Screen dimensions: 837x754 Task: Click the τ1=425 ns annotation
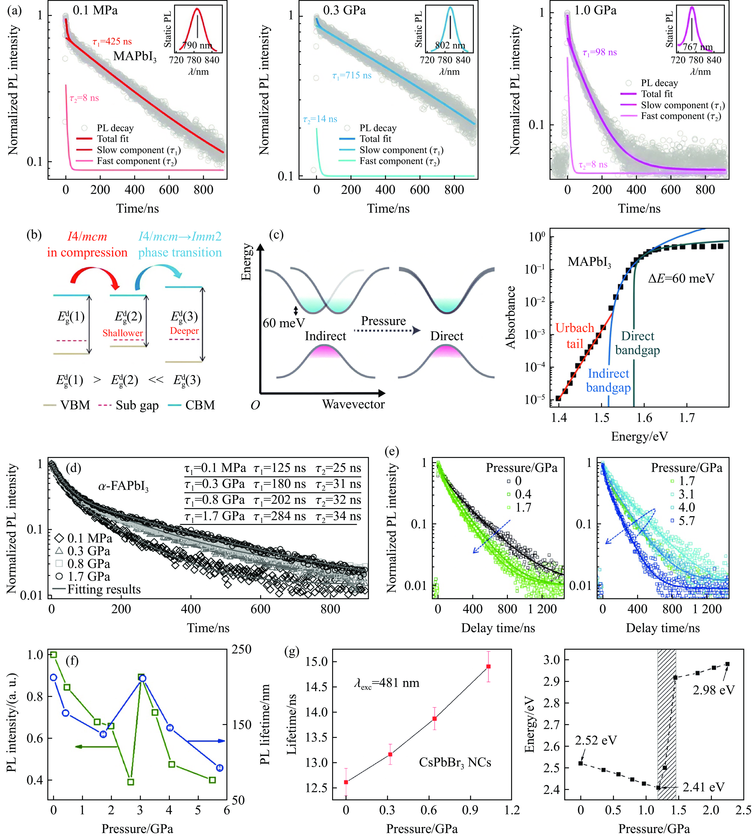112,42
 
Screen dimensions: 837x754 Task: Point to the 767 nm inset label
698,47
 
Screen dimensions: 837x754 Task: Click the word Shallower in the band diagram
123,333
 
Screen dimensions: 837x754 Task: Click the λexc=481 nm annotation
387,683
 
